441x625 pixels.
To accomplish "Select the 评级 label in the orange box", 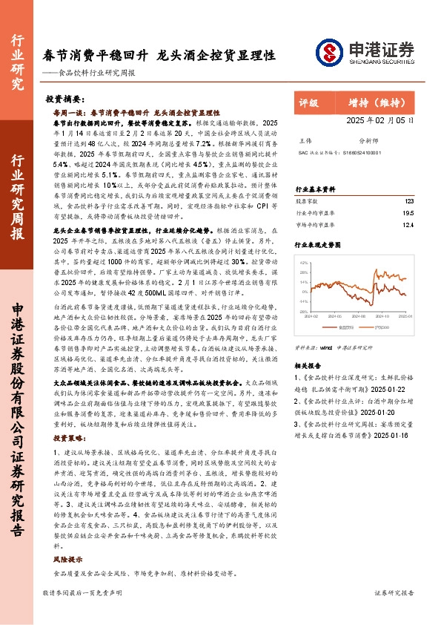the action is tap(309, 102).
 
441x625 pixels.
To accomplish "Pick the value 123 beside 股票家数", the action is tap(409, 201).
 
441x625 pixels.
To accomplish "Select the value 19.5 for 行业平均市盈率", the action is tap(408, 212).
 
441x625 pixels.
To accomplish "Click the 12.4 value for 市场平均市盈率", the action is tap(408, 224).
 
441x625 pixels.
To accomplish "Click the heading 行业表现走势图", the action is tap(318, 244).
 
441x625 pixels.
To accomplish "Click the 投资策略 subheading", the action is tap(70, 439).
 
